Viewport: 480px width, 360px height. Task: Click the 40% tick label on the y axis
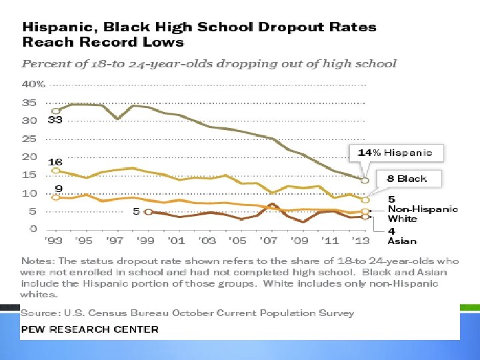click(x=33, y=85)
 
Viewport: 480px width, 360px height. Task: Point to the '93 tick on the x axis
click(x=54, y=241)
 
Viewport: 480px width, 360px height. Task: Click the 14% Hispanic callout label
click(x=395, y=153)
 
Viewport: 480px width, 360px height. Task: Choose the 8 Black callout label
click(x=407, y=179)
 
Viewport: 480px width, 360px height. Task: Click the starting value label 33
click(x=55, y=120)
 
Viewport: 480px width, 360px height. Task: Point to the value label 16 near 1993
click(x=55, y=162)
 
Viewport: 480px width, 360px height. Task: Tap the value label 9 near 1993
click(x=59, y=189)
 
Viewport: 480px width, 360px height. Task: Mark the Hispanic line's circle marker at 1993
click(x=55, y=111)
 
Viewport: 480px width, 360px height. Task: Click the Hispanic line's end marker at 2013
click(x=365, y=181)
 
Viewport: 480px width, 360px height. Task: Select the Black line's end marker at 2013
click(x=365, y=199)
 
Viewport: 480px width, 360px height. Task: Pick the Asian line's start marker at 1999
click(x=147, y=212)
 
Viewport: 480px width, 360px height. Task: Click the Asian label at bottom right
click(x=402, y=241)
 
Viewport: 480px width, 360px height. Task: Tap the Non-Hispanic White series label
click(x=423, y=213)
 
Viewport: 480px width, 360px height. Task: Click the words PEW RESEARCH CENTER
click(x=90, y=329)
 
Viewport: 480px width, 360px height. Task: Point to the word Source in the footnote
click(x=38, y=313)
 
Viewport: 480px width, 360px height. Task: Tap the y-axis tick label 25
click(x=29, y=139)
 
